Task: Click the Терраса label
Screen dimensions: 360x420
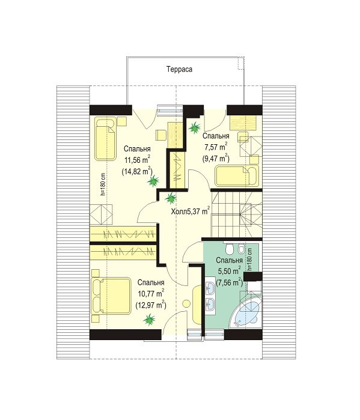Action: click(x=179, y=69)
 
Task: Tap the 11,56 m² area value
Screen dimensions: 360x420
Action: click(x=137, y=160)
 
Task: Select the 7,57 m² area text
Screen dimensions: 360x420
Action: click(x=216, y=147)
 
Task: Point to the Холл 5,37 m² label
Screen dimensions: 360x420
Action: click(x=190, y=212)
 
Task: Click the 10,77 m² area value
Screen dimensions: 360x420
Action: click(x=151, y=294)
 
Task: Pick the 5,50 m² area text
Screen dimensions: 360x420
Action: click(x=230, y=271)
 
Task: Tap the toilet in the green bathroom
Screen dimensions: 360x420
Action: click(x=230, y=249)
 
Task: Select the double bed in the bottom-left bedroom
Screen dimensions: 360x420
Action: click(x=111, y=296)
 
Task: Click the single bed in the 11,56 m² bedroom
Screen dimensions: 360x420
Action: click(x=105, y=138)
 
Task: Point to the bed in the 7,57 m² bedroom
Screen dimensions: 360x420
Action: click(x=237, y=176)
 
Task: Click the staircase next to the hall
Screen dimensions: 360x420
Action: click(x=236, y=213)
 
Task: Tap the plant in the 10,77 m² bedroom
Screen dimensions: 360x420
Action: click(x=149, y=320)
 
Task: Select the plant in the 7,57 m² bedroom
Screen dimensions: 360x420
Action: click(x=195, y=128)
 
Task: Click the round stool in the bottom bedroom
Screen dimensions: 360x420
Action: click(x=186, y=303)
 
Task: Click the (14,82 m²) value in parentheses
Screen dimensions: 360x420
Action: click(x=137, y=171)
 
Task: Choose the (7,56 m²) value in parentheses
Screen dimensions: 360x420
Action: click(x=230, y=282)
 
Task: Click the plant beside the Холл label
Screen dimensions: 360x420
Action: click(x=170, y=198)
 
